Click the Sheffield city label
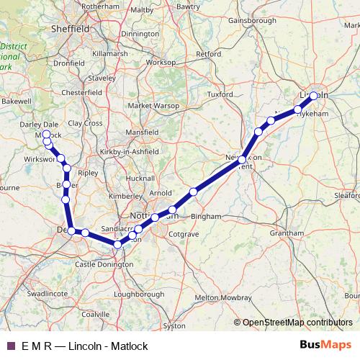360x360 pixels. coord(71,29)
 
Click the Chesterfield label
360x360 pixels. coord(81,93)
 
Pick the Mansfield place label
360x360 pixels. coord(142,133)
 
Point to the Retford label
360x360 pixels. coord(209,53)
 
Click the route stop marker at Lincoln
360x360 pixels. coord(314,95)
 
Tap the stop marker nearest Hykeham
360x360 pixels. coord(298,110)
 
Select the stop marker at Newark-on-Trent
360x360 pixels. coord(243,159)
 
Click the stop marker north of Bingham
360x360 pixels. coord(194,191)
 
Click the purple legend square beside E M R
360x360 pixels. coord(9,346)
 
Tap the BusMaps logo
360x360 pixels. coord(325,346)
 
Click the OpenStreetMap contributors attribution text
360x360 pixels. coord(297,323)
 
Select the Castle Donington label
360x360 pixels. coord(104,265)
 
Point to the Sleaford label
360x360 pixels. coord(348,194)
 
